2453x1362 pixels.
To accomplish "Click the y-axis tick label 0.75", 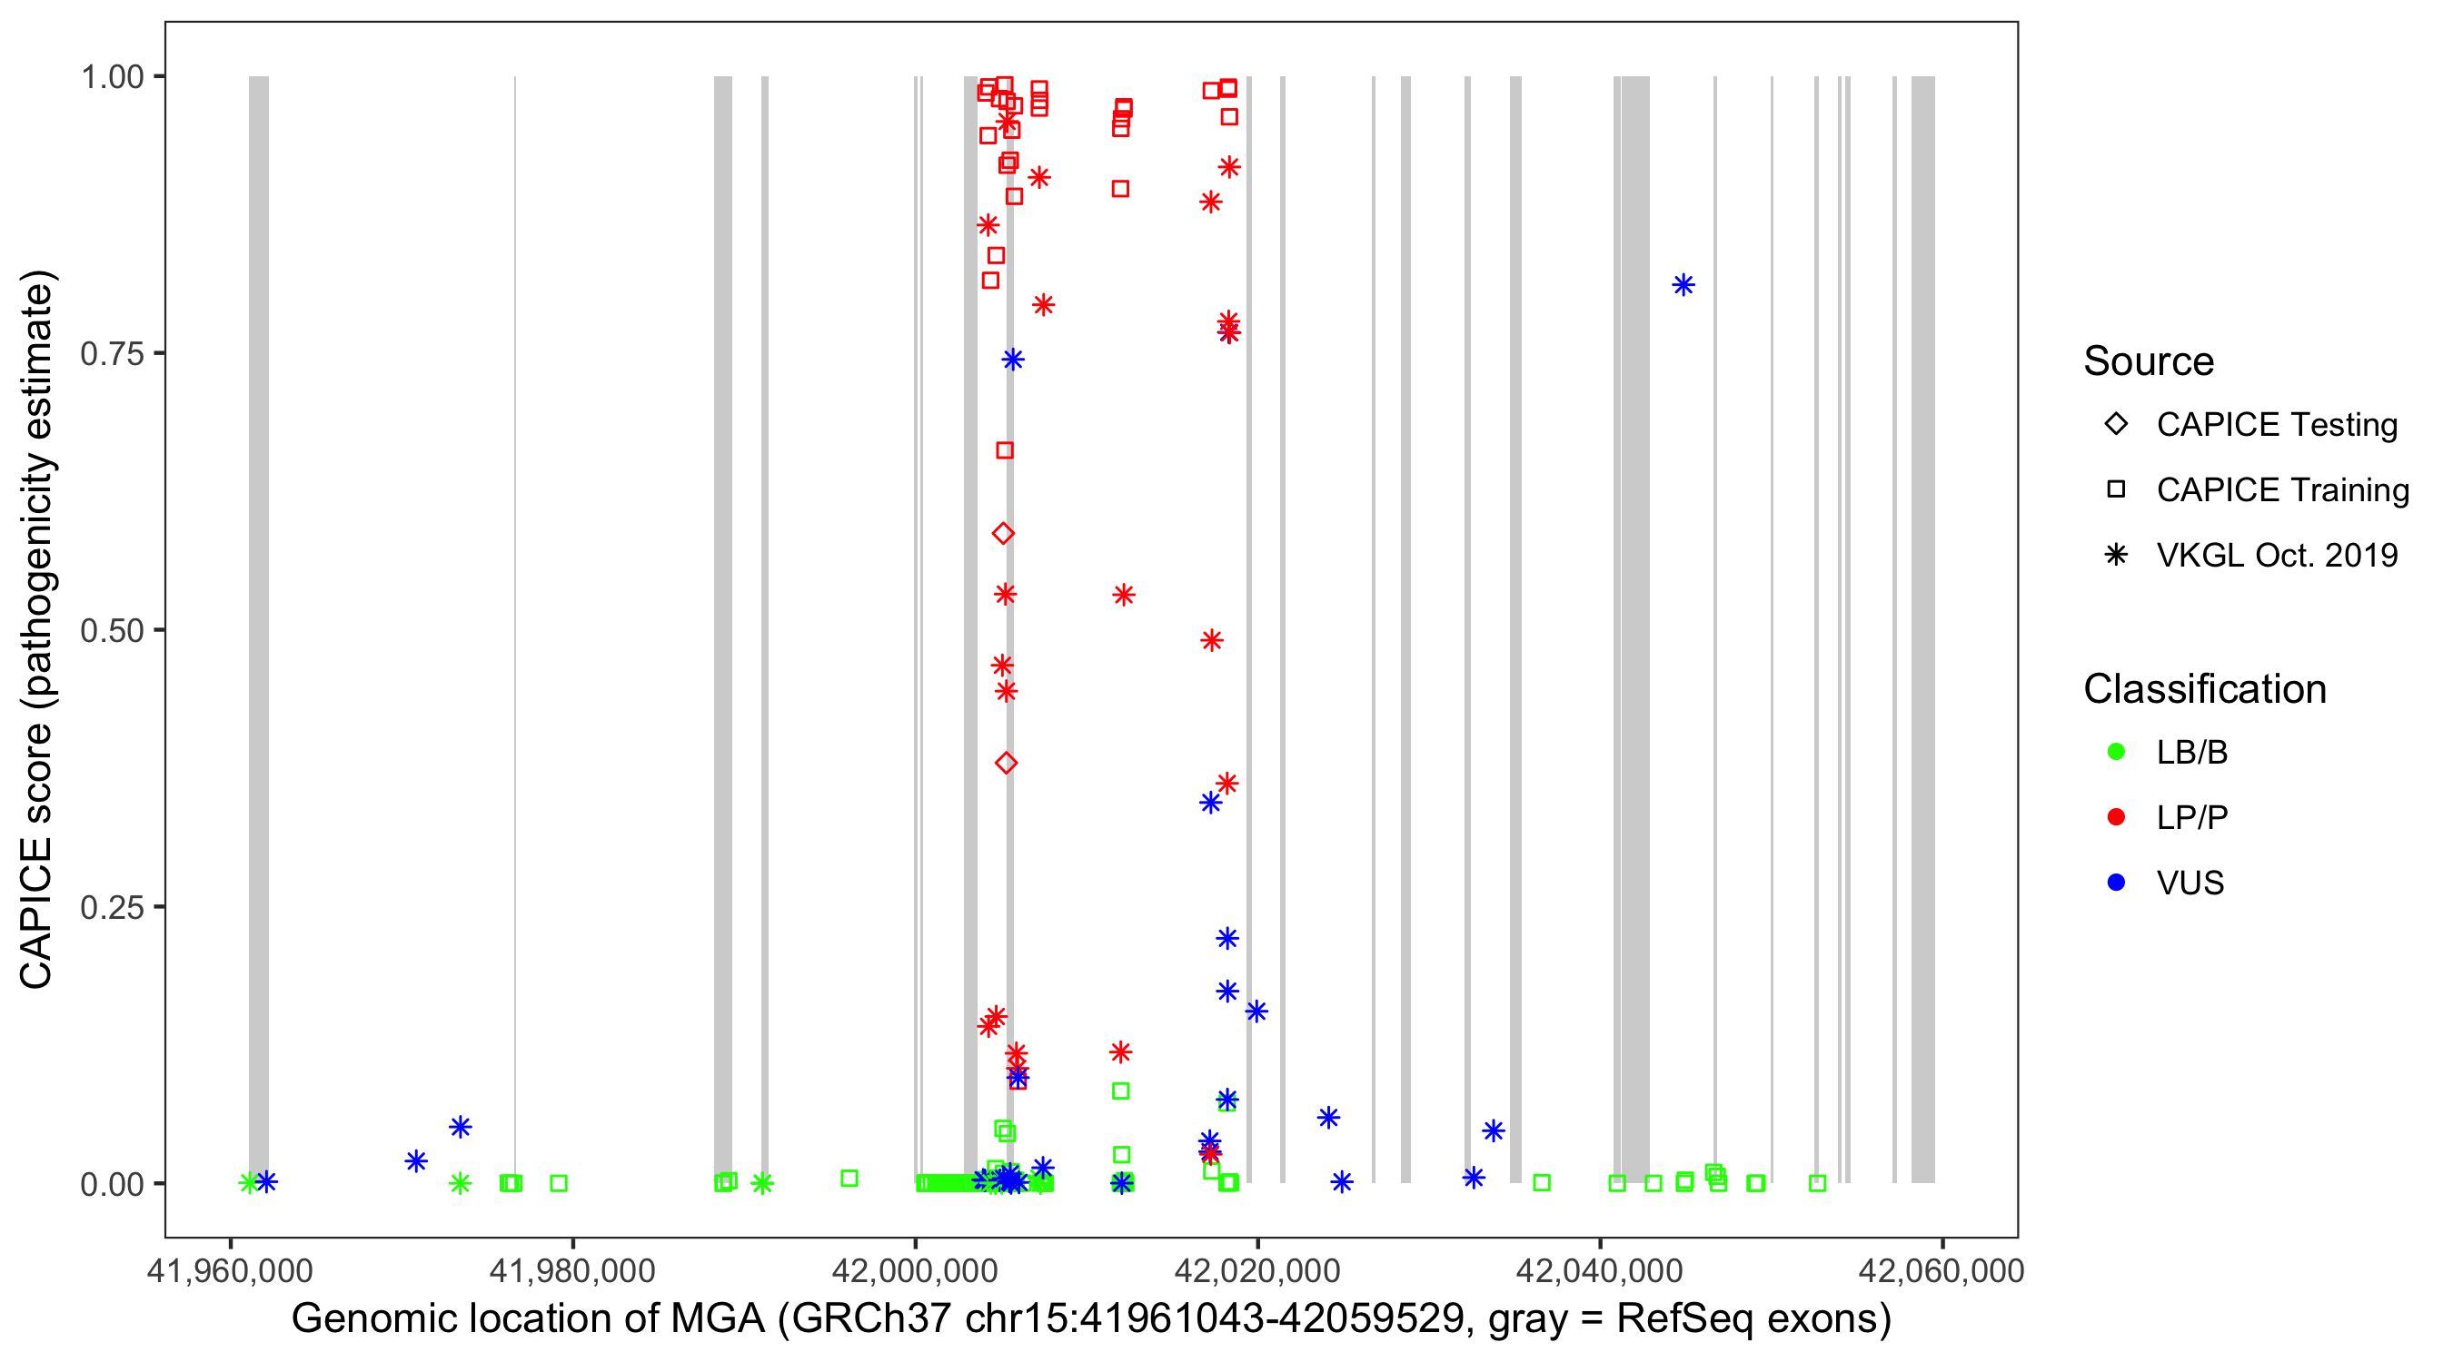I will (x=111, y=354).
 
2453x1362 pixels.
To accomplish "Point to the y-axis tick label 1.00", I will (x=111, y=77).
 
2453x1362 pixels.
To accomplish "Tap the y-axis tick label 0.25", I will (x=111, y=907).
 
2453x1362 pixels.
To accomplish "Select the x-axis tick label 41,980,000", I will (x=572, y=1270).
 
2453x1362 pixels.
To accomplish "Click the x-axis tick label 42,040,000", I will (x=1599, y=1270).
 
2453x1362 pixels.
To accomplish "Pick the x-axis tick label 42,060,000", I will (x=1941, y=1270).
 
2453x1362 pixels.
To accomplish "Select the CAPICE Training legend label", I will (x=2281, y=490).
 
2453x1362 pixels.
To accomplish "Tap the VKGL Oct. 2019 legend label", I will (x=2276, y=556).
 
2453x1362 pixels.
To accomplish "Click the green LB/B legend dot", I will (x=2116, y=752).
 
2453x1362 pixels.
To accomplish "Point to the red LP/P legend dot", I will (x=2116, y=817).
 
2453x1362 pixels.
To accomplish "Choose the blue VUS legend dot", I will (x=2116, y=883).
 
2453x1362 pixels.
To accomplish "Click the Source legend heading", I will (x=2149, y=361).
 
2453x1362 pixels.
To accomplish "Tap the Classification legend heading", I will (x=2203, y=689).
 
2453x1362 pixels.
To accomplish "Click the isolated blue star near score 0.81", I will (x=1683, y=284).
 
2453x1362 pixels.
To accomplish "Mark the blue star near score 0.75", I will (x=1012, y=359).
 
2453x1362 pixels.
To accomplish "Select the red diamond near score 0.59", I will (x=1003, y=533).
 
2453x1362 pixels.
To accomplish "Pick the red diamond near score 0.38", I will (x=1007, y=763).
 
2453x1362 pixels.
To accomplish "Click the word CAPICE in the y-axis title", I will (x=36, y=913).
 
